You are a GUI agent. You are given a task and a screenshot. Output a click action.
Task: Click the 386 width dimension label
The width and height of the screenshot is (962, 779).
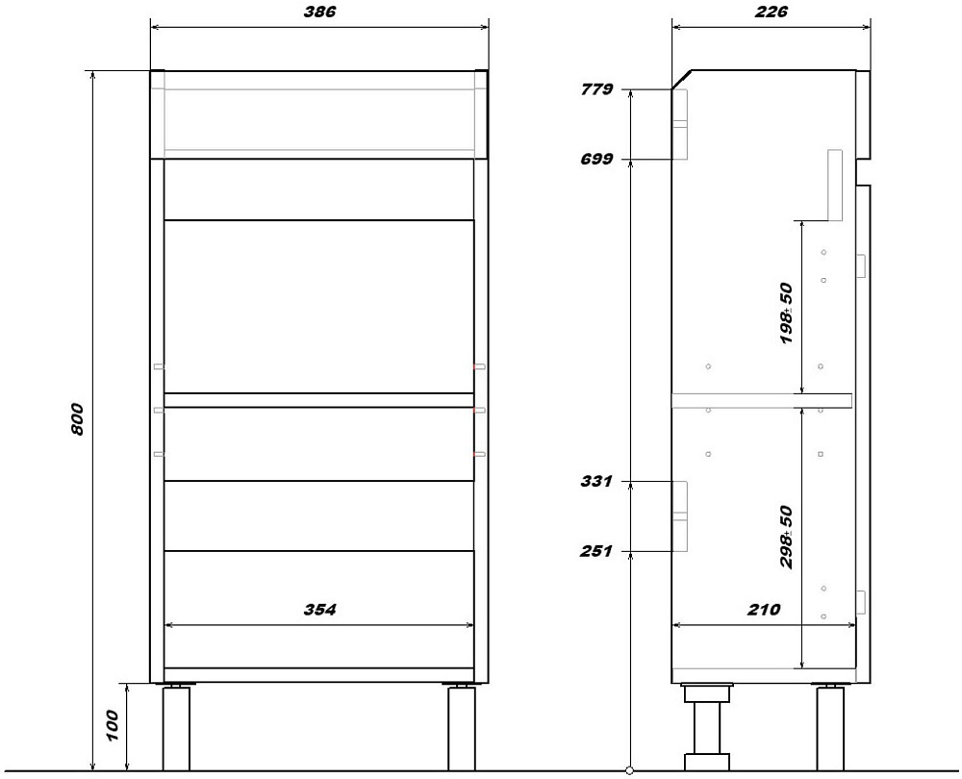coord(319,13)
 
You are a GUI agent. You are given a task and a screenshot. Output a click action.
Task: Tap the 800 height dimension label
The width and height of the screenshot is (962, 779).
coord(77,419)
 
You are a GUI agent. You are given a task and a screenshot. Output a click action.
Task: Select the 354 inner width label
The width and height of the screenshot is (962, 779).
coord(319,610)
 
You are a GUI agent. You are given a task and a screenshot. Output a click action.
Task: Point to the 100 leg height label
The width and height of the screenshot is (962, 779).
coord(112,726)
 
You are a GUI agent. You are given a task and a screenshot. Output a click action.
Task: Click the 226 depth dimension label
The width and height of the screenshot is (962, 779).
coord(772,13)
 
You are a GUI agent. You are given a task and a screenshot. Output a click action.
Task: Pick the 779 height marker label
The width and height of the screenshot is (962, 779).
coord(596,89)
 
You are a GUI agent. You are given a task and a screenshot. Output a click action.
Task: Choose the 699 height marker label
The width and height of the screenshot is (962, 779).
coord(596,160)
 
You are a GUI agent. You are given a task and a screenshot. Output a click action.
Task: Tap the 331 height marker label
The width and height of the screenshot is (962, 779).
coord(596,482)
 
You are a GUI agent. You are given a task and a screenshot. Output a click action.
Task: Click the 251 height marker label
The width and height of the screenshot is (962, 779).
coord(596,551)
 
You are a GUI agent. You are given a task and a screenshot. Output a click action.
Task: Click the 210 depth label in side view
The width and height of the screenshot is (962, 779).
coord(764,610)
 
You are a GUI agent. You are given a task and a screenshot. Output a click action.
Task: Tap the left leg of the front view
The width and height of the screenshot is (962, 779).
coord(176,728)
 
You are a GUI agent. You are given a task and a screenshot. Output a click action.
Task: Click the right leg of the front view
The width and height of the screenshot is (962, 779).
coord(462,728)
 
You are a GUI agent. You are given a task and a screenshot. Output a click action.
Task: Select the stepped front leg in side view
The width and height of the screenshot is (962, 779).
coord(707,727)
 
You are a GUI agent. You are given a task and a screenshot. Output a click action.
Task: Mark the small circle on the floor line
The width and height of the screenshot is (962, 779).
coord(629,770)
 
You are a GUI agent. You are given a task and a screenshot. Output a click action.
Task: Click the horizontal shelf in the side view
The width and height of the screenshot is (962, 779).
coord(761,400)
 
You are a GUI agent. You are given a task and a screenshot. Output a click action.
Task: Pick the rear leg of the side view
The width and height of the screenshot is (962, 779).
coord(830,728)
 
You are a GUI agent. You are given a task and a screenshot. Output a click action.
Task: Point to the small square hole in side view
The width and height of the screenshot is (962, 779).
coord(821,455)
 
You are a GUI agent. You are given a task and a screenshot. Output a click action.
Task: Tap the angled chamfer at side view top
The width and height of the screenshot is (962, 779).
coord(682,81)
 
